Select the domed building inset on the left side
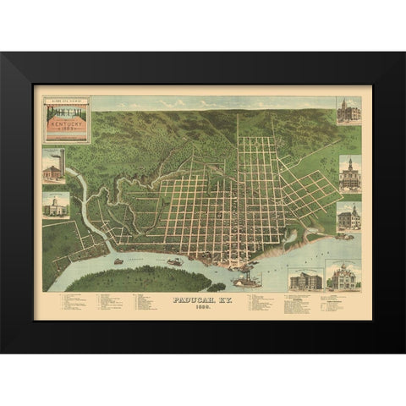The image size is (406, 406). (x=57, y=206)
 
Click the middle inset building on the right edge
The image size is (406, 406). (x=349, y=174)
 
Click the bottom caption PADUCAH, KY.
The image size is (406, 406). (x=201, y=299)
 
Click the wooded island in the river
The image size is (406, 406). (x=135, y=278)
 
